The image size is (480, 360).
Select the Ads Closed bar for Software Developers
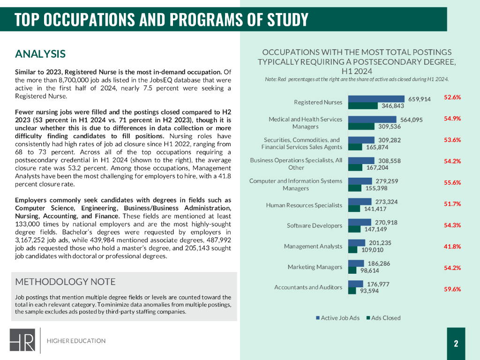pyautogui.click(x=355, y=229)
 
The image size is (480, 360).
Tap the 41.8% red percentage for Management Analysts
pyautogui.click(x=452, y=246)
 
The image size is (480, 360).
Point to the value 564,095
pyautogui.click(x=411, y=120)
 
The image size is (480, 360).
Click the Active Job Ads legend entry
pyautogui.click(x=337, y=318)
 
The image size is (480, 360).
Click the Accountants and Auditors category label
pyautogui.click(x=308, y=287)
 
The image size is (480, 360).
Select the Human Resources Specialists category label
pyautogui.click(x=304, y=205)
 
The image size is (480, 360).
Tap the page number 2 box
pyautogui.click(x=456, y=344)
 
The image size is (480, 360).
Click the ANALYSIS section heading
pyautogui.click(x=40, y=54)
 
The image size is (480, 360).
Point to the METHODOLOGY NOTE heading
pyautogui.click(x=65, y=282)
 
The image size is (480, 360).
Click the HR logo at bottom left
pyautogui.click(x=23, y=340)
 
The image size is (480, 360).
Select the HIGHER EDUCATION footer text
pyautogui.click(x=76, y=341)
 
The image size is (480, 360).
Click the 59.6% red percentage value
pyautogui.click(x=452, y=289)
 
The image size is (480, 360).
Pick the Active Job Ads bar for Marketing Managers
pyautogui.click(x=356, y=263)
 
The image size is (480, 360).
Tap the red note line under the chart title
pyautogui.click(x=357, y=79)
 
